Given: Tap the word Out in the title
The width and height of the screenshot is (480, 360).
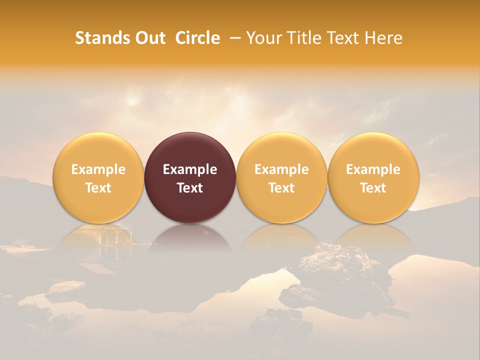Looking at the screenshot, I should [x=149, y=38].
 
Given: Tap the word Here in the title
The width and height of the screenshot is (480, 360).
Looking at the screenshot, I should [x=383, y=38].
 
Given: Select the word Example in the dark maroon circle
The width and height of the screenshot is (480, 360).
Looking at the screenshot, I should [x=190, y=169].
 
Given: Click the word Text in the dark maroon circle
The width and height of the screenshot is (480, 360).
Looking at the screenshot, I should [x=190, y=188].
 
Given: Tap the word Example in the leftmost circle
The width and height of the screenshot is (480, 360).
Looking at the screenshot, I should [x=98, y=169].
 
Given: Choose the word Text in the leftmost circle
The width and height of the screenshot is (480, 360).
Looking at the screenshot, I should [x=98, y=188].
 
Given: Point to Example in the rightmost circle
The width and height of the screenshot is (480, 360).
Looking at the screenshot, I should [x=373, y=169].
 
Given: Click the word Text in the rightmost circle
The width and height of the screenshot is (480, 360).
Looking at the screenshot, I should [x=373, y=188].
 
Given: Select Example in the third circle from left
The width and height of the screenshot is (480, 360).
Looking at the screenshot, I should [x=281, y=169].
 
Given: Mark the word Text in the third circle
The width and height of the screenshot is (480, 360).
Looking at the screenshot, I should [x=281, y=188].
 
